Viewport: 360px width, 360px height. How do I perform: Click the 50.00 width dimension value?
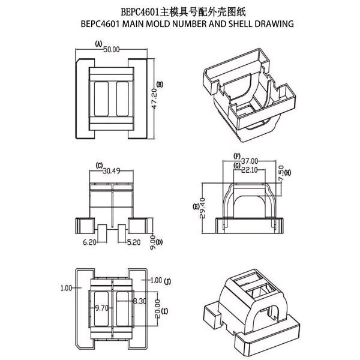[112, 49]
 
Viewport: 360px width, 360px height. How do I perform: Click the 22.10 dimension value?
[251, 170]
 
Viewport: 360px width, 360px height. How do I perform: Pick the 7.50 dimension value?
[281, 173]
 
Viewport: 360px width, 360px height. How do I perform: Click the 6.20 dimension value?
[91, 242]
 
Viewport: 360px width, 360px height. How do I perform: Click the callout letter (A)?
[99, 43]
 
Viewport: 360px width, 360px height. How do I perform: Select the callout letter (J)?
[167, 280]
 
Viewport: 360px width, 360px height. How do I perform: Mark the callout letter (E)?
[196, 207]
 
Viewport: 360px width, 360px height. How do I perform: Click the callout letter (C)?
[98, 165]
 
